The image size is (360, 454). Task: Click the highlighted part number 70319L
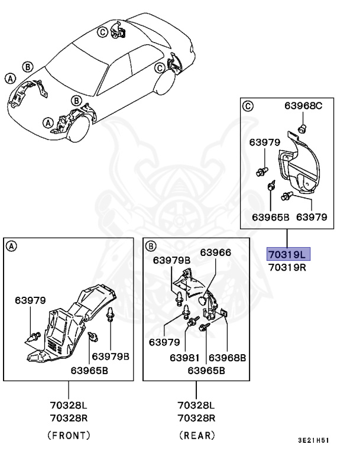click(287, 255)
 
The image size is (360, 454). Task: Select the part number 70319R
click(287, 267)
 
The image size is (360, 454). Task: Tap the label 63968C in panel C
click(303, 106)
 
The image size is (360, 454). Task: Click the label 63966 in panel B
click(215, 252)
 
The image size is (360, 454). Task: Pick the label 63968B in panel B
click(227, 358)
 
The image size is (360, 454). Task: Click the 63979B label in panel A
click(110, 357)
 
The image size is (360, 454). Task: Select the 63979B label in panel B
click(171, 261)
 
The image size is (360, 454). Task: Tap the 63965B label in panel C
click(271, 217)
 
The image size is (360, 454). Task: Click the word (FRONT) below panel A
click(69, 435)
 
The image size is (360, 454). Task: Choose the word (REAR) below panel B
click(196, 435)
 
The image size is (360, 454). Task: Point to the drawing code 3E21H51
click(313, 440)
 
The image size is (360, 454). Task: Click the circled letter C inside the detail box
click(248, 106)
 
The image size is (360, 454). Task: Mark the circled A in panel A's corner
click(12, 245)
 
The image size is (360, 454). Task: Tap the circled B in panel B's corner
click(151, 245)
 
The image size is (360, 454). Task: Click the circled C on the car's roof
click(102, 32)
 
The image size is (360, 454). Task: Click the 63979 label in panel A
click(30, 300)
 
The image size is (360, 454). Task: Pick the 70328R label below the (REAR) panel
click(196, 417)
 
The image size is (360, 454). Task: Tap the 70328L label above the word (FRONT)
click(69, 406)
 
